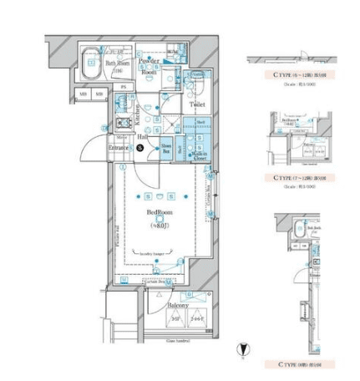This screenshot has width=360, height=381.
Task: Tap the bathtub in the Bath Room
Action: (91, 63)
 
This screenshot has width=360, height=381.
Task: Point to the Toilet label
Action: (196, 105)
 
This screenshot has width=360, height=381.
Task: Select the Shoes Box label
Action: (166, 148)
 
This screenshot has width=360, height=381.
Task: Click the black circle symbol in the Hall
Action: (140, 148)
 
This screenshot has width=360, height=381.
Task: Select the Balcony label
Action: (177, 305)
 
